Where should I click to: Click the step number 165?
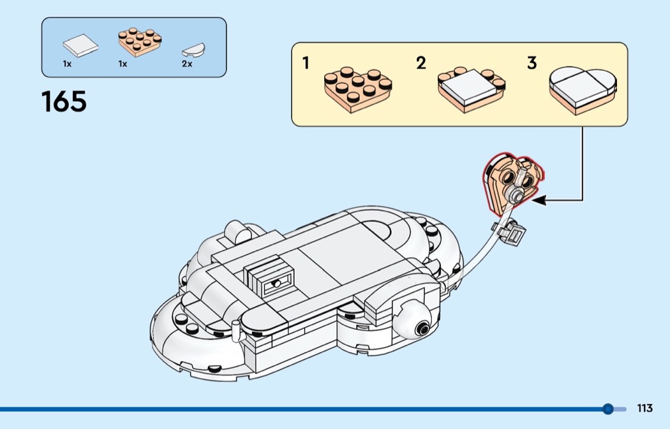pos(64,101)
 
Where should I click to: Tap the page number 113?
pos(644,408)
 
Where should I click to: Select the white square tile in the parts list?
pos(80,45)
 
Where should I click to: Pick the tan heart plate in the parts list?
pos(140,42)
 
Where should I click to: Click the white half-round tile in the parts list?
pos(193,50)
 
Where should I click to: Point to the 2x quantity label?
pos(187,64)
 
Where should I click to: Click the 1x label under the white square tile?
pos(67,64)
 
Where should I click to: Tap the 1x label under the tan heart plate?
pos(123,64)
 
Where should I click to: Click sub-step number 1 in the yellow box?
pos(306,63)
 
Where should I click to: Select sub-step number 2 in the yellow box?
pos(421,63)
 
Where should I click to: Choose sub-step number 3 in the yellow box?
pos(532,63)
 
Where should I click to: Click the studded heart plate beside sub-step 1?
pos(357,89)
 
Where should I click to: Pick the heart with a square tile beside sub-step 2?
pos(472,90)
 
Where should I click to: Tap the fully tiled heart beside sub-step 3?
pos(583,91)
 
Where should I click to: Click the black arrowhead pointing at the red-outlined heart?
pos(539,200)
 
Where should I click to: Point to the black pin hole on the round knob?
pos(423,329)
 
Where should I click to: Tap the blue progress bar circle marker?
pos(607,409)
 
